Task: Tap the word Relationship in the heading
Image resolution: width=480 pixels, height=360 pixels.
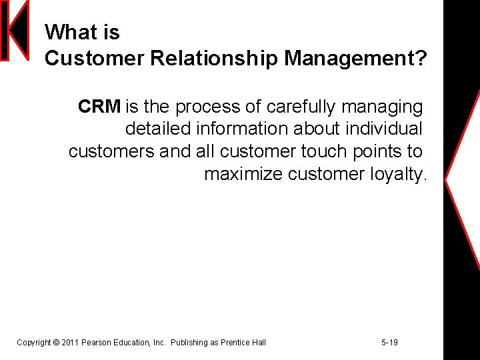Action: (x=213, y=59)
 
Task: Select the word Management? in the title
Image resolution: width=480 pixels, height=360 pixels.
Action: (x=355, y=59)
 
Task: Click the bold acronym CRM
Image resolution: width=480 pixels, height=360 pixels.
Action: (x=99, y=107)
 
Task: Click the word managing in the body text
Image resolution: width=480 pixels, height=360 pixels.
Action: (x=387, y=107)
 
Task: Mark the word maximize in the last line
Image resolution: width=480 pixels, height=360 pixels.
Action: (x=243, y=174)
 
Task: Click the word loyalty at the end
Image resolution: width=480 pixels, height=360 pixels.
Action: (x=397, y=174)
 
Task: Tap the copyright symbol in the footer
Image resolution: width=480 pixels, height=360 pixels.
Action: (x=55, y=343)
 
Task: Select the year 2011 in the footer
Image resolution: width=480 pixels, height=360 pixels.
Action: (x=70, y=343)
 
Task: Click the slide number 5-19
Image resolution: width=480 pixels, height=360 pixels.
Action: (x=389, y=343)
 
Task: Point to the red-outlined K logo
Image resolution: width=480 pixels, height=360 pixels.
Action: (x=15, y=31)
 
